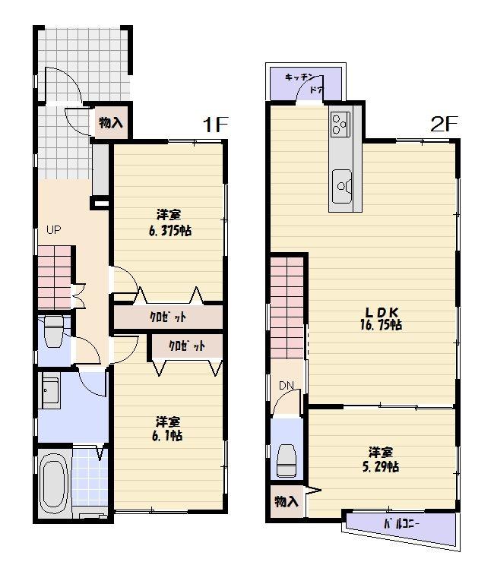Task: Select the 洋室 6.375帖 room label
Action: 169,223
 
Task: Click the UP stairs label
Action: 53,230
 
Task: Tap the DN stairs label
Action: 286,386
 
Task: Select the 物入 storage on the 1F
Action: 111,124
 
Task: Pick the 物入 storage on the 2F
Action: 286,502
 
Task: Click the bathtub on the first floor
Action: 55,481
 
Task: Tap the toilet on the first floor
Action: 54,332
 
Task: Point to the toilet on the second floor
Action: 287,458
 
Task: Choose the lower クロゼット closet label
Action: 187,346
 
